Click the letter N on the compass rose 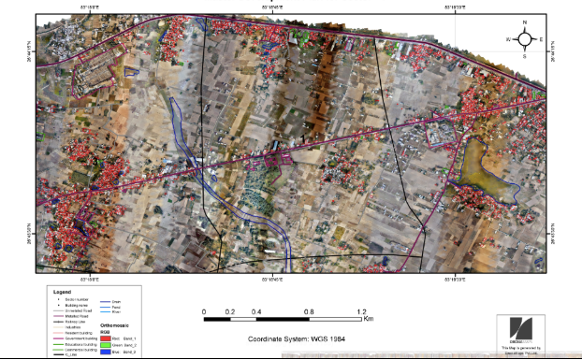tap(525, 22)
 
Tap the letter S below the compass tap(525, 56)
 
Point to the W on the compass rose tap(508, 39)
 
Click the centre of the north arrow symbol tap(525, 39)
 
